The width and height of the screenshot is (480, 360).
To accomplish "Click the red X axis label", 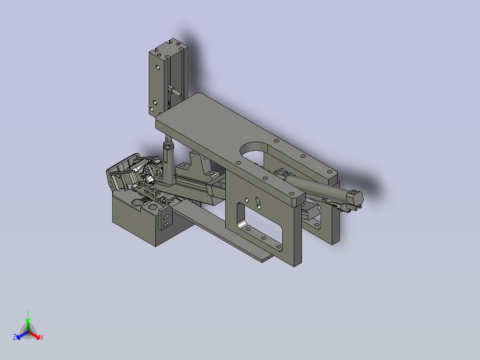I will (41, 337).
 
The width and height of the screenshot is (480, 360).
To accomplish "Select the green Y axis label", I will (28, 313).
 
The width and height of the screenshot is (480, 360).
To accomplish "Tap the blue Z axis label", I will (15, 337).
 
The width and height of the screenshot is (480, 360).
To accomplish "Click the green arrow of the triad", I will (28, 322).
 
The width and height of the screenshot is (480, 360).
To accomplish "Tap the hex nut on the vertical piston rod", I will (168, 146).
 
